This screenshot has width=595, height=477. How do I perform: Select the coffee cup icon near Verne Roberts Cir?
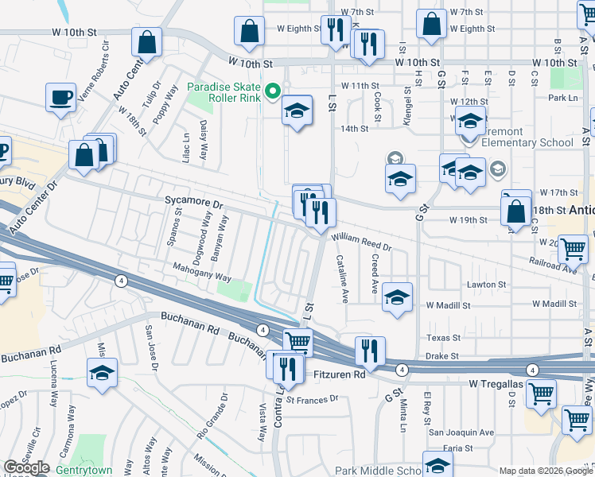pyautogui.click(x=60, y=99)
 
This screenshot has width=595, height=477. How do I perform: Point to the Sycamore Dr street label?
pyautogui.click(x=194, y=204)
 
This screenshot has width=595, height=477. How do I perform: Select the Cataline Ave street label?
pyautogui.click(x=343, y=278)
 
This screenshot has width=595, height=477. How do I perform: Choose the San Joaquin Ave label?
pyautogui.click(x=461, y=432)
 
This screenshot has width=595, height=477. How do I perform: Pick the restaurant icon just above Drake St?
pyautogui.click(x=370, y=350)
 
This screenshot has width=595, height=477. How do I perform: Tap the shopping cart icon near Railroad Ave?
pyautogui.click(x=572, y=249)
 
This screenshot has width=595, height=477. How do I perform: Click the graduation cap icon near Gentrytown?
pyautogui.click(x=102, y=372)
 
